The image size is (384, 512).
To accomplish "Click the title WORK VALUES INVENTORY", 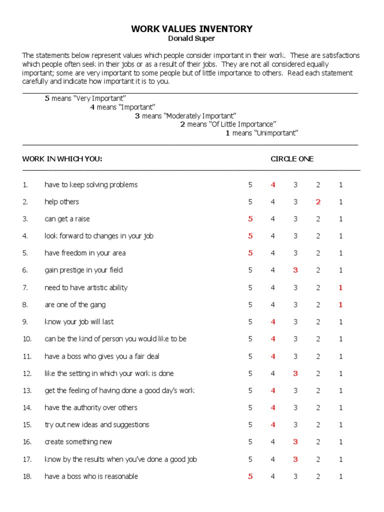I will click(192, 29).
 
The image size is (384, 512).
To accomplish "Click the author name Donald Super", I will click(192, 38).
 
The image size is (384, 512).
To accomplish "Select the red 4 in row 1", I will click(273, 185).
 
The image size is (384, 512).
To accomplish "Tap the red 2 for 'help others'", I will click(318, 202).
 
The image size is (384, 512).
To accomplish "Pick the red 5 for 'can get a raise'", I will click(250, 219).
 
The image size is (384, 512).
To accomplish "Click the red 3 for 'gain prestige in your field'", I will click(295, 270).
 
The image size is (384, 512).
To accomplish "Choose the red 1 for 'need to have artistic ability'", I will click(340, 287).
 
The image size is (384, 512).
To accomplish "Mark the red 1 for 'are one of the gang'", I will click(340, 305).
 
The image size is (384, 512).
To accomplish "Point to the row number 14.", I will click(26, 408).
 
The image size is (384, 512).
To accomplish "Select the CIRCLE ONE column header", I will click(292, 159).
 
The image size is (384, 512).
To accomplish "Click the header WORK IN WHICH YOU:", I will click(62, 159).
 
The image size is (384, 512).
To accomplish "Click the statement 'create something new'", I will click(78, 442).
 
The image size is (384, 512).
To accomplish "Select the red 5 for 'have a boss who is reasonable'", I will click(250, 476).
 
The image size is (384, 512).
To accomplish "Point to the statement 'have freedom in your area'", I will click(85, 253).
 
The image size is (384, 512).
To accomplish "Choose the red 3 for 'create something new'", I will click(295, 442).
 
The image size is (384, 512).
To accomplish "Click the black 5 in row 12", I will click(250, 373).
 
